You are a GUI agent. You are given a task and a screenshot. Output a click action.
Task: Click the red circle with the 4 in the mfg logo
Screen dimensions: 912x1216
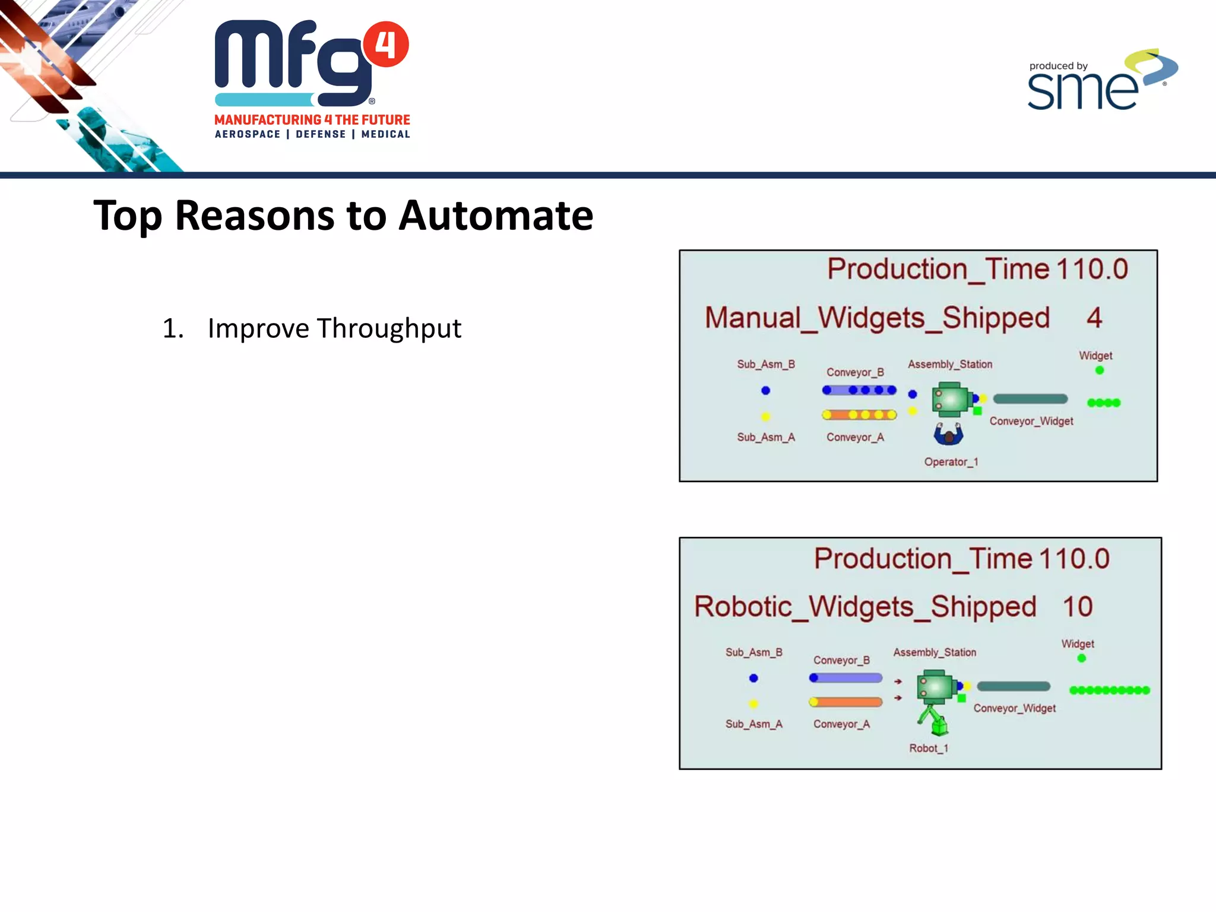pos(386,45)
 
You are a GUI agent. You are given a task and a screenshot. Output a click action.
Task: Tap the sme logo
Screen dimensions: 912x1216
pos(1098,83)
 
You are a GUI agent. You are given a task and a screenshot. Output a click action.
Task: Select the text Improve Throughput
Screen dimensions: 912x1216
pos(334,328)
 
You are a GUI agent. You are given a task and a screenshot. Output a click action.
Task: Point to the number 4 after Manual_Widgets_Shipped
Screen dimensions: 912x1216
pos(1094,318)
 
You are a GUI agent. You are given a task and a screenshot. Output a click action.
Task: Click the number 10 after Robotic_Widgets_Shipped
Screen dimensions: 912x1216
pos(1077,607)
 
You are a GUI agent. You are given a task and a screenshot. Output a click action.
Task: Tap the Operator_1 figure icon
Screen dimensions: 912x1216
pos(948,435)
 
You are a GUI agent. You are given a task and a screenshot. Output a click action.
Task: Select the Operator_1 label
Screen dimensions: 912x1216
pos(951,462)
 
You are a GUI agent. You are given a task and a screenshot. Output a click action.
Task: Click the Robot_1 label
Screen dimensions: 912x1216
pos(929,749)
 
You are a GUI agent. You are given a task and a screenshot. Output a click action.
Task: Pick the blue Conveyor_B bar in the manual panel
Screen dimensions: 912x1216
pos(859,390)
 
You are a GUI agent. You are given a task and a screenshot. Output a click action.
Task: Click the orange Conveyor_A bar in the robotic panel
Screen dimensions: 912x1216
pos(845,702)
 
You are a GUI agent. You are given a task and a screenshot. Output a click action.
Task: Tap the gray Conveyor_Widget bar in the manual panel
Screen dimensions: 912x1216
pos(1030,399)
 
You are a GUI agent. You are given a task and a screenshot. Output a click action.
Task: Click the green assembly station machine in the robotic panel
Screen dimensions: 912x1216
pos(936,686)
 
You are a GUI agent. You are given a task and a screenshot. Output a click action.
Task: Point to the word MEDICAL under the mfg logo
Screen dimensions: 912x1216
pos(385,135)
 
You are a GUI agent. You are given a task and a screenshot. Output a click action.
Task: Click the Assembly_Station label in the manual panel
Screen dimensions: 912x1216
pos(949,365)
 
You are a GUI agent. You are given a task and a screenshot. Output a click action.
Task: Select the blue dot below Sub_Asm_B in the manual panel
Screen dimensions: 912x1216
pos(765,390)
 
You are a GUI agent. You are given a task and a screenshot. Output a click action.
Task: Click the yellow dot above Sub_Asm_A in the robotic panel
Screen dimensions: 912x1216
pos(753,704)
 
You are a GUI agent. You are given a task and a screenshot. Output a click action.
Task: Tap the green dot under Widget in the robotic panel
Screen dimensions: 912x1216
pos(1081,658)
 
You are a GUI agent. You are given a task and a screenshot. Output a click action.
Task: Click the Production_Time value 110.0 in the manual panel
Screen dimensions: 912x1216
pos(1091,269)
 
